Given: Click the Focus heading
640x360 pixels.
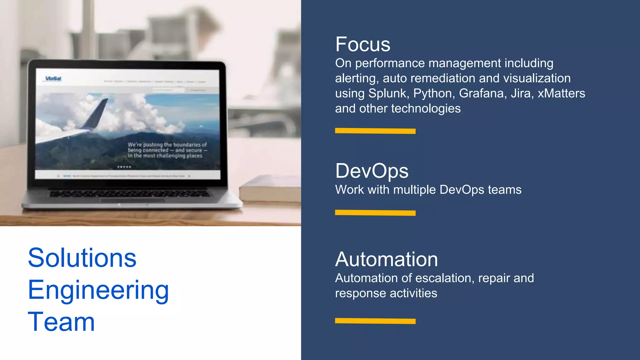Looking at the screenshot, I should [x=362, y=44].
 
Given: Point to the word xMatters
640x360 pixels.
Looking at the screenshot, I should [x=561, y=93].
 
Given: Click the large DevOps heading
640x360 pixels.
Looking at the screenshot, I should [x=372, y=171].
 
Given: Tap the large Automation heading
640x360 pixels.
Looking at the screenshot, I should [x=386, y=259].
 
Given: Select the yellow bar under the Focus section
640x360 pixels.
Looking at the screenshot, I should [x=375, y=131].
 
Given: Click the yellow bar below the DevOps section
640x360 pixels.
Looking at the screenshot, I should [x=375, y=213].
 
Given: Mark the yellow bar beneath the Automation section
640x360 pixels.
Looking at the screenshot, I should [x=375, y=321].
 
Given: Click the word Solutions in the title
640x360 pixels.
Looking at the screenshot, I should [x=82, y=258].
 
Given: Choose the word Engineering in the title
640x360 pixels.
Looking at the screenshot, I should [x=98, y=291].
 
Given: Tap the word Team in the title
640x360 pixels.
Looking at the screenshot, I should [x=61, y=322].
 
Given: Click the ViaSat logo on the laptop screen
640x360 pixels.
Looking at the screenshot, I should [x=53, y=79].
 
